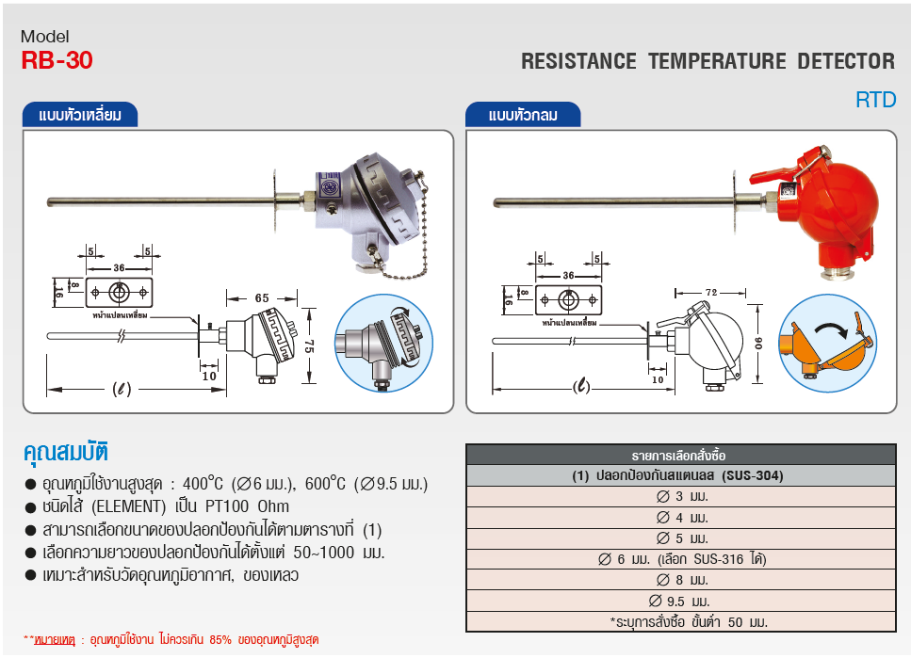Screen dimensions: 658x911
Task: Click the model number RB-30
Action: coord(57,61)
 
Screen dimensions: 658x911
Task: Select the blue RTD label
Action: coord(875,100)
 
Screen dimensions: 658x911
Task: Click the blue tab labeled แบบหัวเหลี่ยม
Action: coord(80,116)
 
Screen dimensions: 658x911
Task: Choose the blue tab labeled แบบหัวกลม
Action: coord(523,116)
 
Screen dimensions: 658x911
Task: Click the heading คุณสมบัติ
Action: coord(66,449)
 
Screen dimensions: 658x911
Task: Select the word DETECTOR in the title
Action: coord(845,62)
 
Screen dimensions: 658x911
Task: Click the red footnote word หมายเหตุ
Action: coord(54,639)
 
